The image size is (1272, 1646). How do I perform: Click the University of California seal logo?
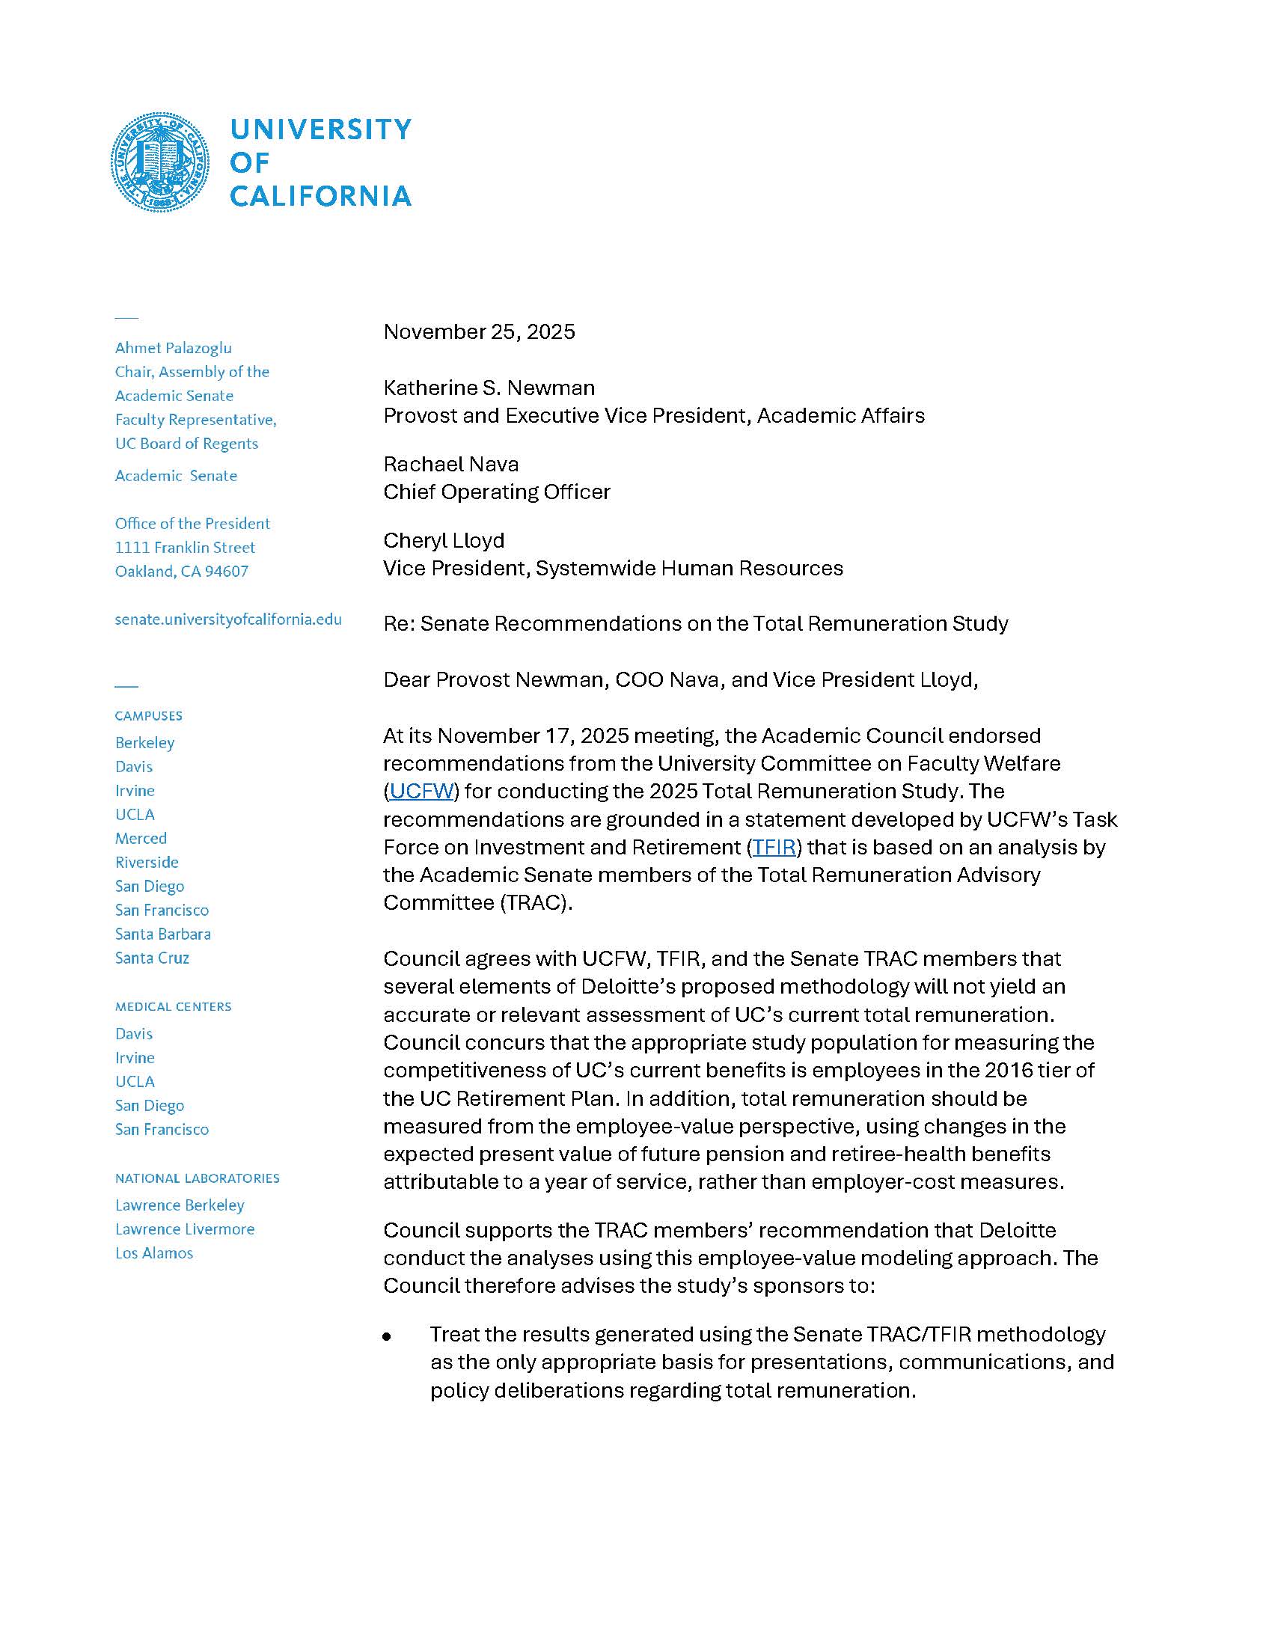[161, 162]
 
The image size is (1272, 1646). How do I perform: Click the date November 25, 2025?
[479, 331]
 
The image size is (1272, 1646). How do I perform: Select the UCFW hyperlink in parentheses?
[421, 791]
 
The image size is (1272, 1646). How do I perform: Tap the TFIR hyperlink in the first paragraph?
[774, 847]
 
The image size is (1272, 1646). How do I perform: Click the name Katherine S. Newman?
[489, 388]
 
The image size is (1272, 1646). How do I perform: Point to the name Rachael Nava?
[450, 464]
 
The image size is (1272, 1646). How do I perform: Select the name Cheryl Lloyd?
[444, 540]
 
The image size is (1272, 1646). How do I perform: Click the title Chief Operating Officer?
[497, 492]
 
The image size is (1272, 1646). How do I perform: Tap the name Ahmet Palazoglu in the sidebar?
[174, 348]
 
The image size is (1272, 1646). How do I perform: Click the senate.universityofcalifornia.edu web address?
[228, 619]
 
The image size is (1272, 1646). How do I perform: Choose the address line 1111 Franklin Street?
[186, 548]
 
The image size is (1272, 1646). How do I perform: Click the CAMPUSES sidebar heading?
[148, 716]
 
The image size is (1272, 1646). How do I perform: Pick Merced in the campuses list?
[141, 838]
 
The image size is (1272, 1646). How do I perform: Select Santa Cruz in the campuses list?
[152, 958]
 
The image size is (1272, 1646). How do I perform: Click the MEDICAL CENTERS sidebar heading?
[174, 1007]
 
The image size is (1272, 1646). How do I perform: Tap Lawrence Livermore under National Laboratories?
[185, 1229]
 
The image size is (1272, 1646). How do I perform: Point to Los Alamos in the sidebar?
[154, 1253]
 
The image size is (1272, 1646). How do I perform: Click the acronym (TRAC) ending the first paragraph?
[535, 903]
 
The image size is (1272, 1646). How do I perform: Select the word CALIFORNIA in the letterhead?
[321, 196]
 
